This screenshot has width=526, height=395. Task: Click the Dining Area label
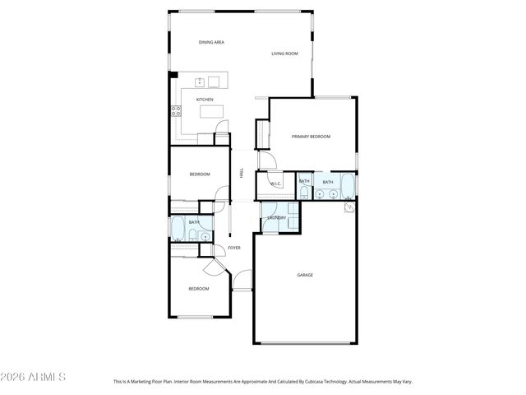[x=211, y=42]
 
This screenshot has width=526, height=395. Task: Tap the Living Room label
[x=284, y=54]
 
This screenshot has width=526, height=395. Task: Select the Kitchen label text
[x=205, y=100]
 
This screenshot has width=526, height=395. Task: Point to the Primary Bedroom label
[x=311, y=137]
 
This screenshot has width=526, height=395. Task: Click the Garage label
[x=305, y=275]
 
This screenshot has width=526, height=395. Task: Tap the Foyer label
[x=234, y=247]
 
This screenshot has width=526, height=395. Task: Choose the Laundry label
[x=276, y=217]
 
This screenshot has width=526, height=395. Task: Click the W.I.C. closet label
[x=276, y=184]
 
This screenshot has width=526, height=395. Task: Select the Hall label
[x=242, y=173]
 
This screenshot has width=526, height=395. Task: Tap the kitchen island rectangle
[x=211, y=110]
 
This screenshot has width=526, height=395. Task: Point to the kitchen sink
[x=200, y=81]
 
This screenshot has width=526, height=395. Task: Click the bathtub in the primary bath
[x=348, y=186]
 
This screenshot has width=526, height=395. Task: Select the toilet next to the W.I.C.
[x=303, y=193]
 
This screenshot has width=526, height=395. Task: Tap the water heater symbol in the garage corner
[x=349, y=207]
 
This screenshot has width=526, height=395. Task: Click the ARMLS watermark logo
[x=33, y=377]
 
